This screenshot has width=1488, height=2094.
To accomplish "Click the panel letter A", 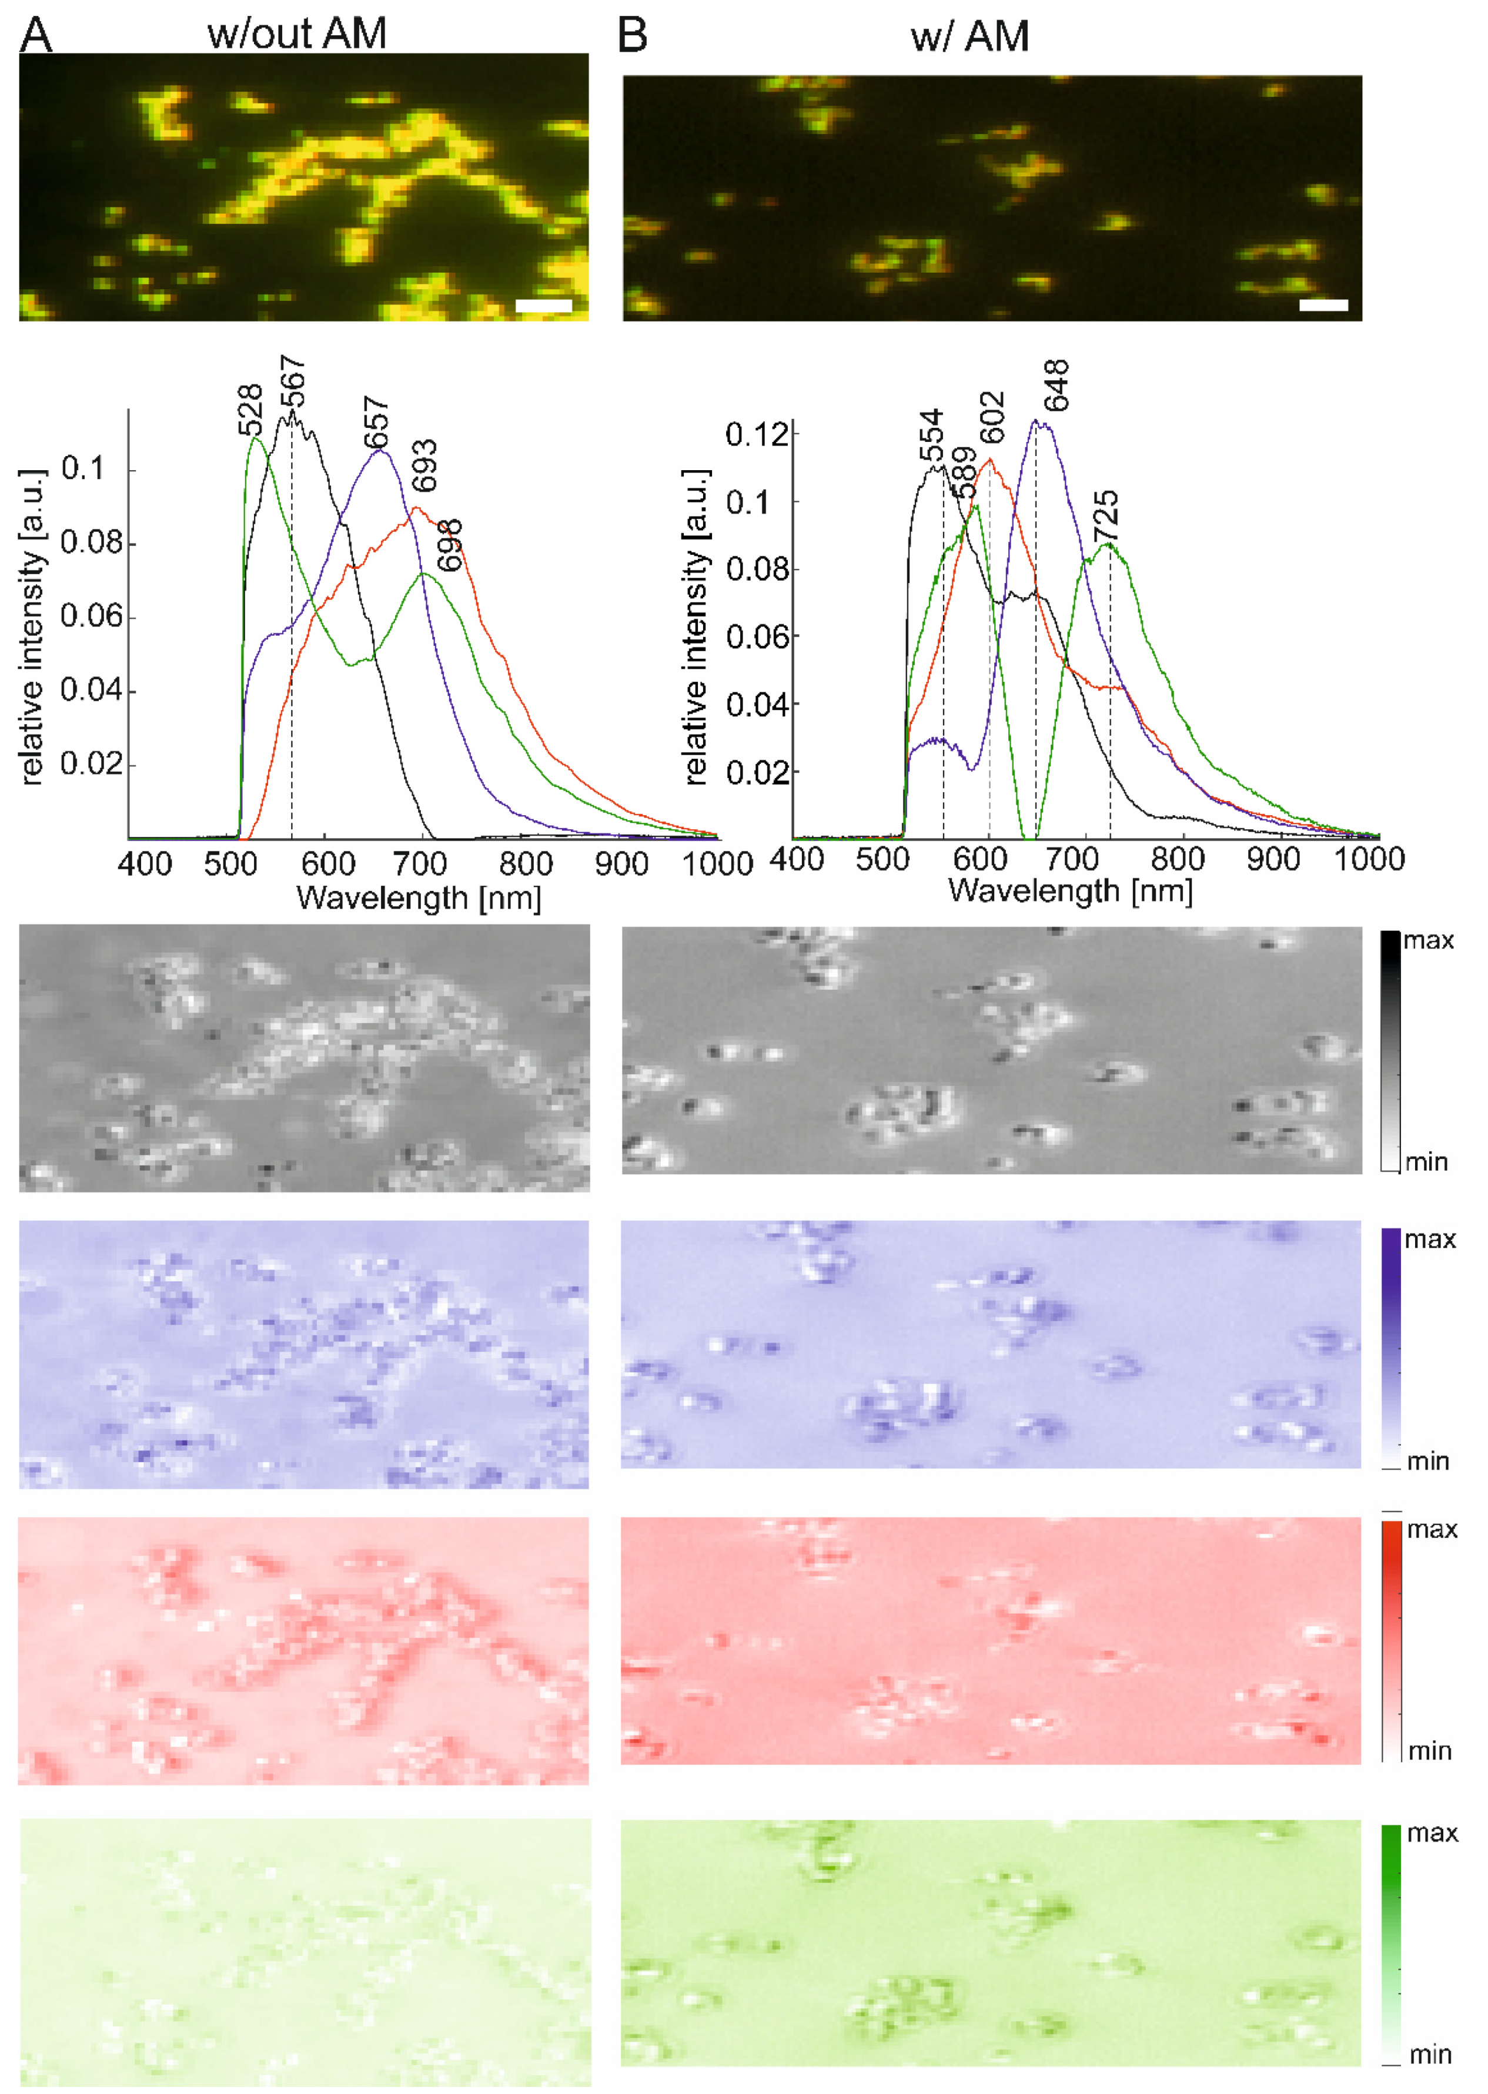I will coord(36,35).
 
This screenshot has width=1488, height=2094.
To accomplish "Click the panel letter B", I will coord(632,35).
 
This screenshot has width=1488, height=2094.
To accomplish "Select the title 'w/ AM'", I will coord(969,36).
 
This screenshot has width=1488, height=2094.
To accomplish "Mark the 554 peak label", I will coord(931,436).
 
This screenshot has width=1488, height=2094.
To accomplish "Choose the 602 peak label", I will coord(992,417).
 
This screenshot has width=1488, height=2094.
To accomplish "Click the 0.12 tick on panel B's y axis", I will coord(757,434).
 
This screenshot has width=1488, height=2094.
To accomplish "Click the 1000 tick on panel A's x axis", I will coord(717,864).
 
